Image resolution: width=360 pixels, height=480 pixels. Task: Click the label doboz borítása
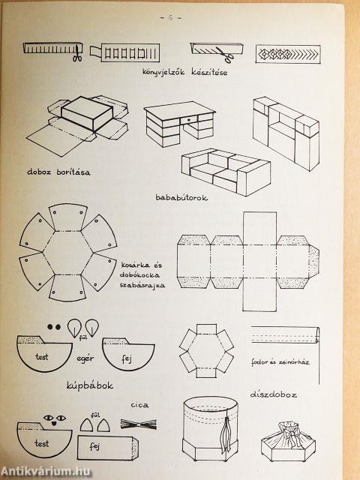(57, 171)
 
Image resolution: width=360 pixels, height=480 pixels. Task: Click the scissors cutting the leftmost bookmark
(76, 54)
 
